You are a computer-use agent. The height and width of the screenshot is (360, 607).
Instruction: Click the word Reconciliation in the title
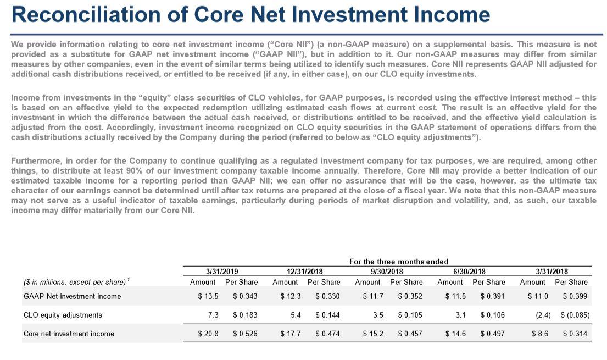(88, 14)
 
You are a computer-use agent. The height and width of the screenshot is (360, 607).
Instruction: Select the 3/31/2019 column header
(222, 271)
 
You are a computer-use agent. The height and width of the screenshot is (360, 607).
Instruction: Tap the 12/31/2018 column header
(305, 271)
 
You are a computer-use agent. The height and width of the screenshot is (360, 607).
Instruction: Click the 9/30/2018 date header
(388, 271)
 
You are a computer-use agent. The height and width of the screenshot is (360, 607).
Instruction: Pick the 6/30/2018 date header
(470, 271)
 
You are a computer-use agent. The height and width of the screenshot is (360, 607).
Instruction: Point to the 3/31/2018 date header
(552, 271)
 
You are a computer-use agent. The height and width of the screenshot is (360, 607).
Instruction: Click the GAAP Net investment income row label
(72, 296)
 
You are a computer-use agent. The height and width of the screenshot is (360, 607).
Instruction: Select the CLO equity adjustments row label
(63, 315)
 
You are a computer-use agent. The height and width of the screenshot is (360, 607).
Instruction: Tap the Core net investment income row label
(69, 334)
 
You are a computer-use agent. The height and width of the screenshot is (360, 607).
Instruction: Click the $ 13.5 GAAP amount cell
(208, 296)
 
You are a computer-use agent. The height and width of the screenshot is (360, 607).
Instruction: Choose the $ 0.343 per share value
(244, 296)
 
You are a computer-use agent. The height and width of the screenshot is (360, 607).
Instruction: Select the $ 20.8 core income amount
(208, 334)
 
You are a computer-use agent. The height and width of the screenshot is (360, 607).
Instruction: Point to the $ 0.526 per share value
(244, 334)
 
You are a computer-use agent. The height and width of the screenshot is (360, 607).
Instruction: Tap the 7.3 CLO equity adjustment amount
(213, 315)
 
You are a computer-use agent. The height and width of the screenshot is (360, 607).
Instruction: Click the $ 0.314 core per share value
(575, 334)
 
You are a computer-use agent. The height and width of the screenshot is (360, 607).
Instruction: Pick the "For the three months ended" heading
(399, 262)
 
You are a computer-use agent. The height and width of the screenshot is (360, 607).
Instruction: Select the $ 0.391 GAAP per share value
(492, 296)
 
